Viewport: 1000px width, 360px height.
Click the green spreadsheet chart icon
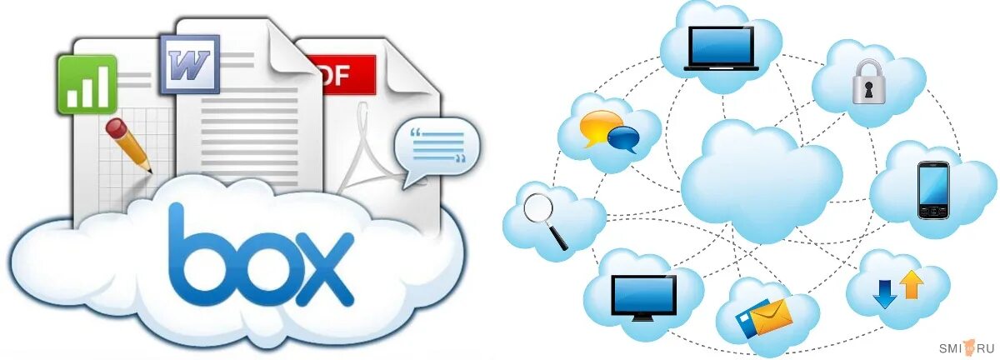pyautogui.click(x=86, y=84)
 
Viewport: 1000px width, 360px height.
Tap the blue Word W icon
pyautogui.click(x=191, y=64)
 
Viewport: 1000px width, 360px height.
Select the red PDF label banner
pyautogui.click(x=342, y=74)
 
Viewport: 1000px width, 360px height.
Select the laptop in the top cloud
pyautogui.click(x=722, y=47)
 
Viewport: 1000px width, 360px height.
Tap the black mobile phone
pyautogui.click(x=932, y=191)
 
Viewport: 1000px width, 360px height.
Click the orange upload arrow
pyautogui.click(x=912, y=284)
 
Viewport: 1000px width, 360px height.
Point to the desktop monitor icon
pyautogui.click(x=644, y=295)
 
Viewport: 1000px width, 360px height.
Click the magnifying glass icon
pyautogui.click(x=546, y=218)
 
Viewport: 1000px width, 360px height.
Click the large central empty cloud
pyautogui.click(x=760, y=177)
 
